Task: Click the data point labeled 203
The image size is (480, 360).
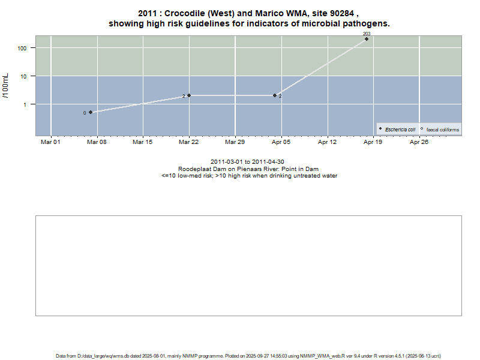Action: [367, 39]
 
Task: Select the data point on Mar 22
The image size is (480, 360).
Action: [189, 95]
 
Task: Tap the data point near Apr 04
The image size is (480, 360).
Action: [275, 95]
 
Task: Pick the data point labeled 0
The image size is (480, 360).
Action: [91, 112]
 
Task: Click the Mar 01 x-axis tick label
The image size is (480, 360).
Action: [50, 142]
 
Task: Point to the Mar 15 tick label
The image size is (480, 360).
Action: [142, 142]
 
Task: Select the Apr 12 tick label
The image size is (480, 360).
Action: [327, 142]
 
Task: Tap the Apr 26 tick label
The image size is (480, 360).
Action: [419, 142]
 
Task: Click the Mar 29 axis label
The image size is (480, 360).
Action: [235, 142]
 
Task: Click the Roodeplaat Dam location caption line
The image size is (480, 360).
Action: [248, 169]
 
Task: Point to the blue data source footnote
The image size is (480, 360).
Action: [248, 356]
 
